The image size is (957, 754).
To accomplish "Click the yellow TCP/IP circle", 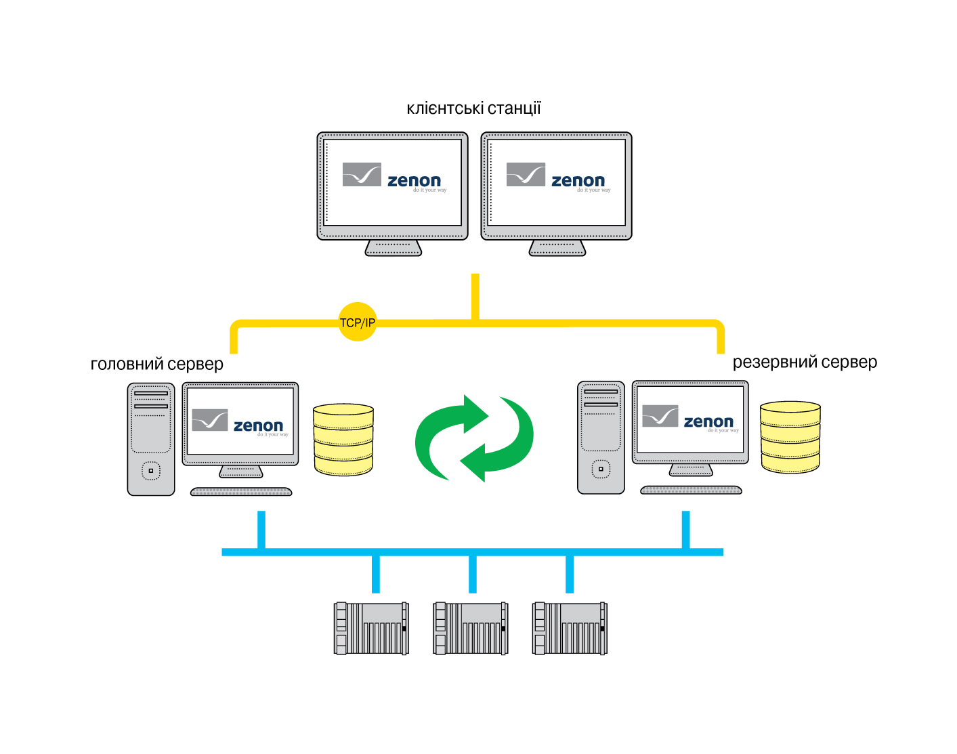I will [357, 322].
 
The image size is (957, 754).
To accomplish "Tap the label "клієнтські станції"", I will [473, 108].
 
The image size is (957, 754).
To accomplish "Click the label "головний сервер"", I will [156, 364].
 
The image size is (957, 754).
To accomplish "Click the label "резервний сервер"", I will [805, 362].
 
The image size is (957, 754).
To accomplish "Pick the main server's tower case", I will [151, 439].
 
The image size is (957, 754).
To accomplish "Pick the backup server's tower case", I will [601, 437].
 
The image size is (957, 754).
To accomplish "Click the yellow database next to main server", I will [343, 440].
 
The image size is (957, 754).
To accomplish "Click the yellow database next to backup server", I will [790, 437].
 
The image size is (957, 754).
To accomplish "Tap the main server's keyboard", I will [241, 492].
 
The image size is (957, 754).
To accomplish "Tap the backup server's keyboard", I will [691, 490].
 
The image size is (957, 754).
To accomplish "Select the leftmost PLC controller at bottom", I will [371, 628].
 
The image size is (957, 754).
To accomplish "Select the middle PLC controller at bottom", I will [470, 628].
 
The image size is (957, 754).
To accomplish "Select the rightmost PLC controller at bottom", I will [570, 628].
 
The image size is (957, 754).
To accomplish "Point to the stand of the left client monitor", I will [394, 248].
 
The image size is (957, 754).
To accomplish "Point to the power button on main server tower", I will [150, 470].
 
